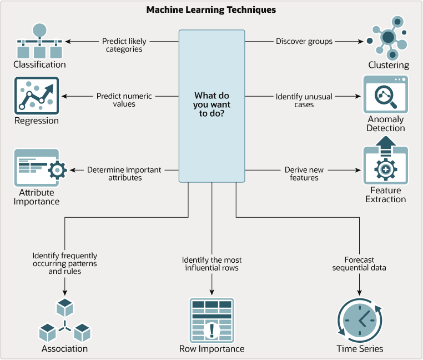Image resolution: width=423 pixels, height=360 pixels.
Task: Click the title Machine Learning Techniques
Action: pyautogui.click(x=211, y=10)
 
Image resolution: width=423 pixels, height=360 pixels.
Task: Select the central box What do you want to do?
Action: pyautogui.click(x=211, y=106)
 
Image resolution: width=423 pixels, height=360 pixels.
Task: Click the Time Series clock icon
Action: pyautogui.click(x=359, y=320)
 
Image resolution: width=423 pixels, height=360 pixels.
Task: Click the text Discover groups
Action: pyautogui.click(x=304, y=41)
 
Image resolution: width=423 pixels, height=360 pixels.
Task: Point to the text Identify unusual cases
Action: pyautogui.click(x=304, y=101)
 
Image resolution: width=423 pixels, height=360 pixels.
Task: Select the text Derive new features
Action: pyautogui.click(x=304, y=174)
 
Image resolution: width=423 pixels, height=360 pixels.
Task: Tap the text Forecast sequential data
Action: pyautogui.click(x=359, y=264)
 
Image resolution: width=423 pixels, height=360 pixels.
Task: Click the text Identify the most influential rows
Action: pyautogui.click(x=211, y=264)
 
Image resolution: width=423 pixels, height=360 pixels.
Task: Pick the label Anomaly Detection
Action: pyautogui.click(x=386, y=124)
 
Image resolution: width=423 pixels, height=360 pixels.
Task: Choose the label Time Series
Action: pyautogui.click(x=359, y=349)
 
